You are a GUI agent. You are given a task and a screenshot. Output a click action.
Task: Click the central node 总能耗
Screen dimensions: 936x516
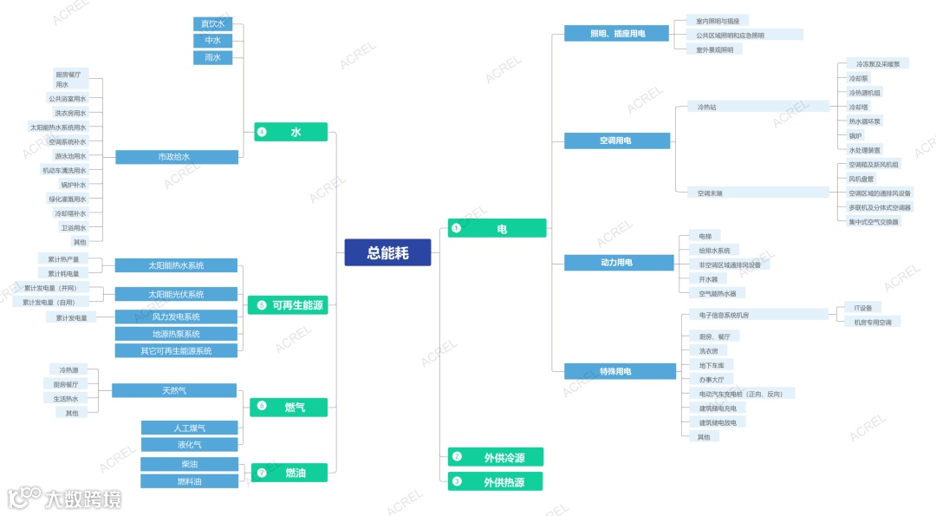click(387, 252)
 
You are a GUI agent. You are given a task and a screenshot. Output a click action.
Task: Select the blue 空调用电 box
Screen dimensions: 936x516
click(616, 140)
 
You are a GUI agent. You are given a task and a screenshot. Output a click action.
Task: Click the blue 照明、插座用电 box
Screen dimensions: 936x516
click(616, 34)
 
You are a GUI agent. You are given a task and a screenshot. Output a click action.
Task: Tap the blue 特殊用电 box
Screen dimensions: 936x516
click(615, 371)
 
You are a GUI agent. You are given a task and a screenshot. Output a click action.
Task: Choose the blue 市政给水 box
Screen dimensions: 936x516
click(176, 157)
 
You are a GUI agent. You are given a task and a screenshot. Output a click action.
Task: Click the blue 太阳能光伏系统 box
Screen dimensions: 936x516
click(176, 294)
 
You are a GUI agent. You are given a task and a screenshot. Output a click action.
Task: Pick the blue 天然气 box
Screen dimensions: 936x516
click(174, 390)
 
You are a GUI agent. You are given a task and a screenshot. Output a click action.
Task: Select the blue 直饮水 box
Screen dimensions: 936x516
click(212, 23)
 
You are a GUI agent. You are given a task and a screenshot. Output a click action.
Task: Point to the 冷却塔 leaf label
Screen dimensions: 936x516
click(859, 107)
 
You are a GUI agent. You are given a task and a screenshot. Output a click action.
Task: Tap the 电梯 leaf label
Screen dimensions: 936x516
click(704, 236)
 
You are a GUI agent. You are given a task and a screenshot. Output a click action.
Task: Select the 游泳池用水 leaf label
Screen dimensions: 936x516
click(70, 156)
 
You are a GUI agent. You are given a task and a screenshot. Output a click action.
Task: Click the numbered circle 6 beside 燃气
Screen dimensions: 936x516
click(262, 406)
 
